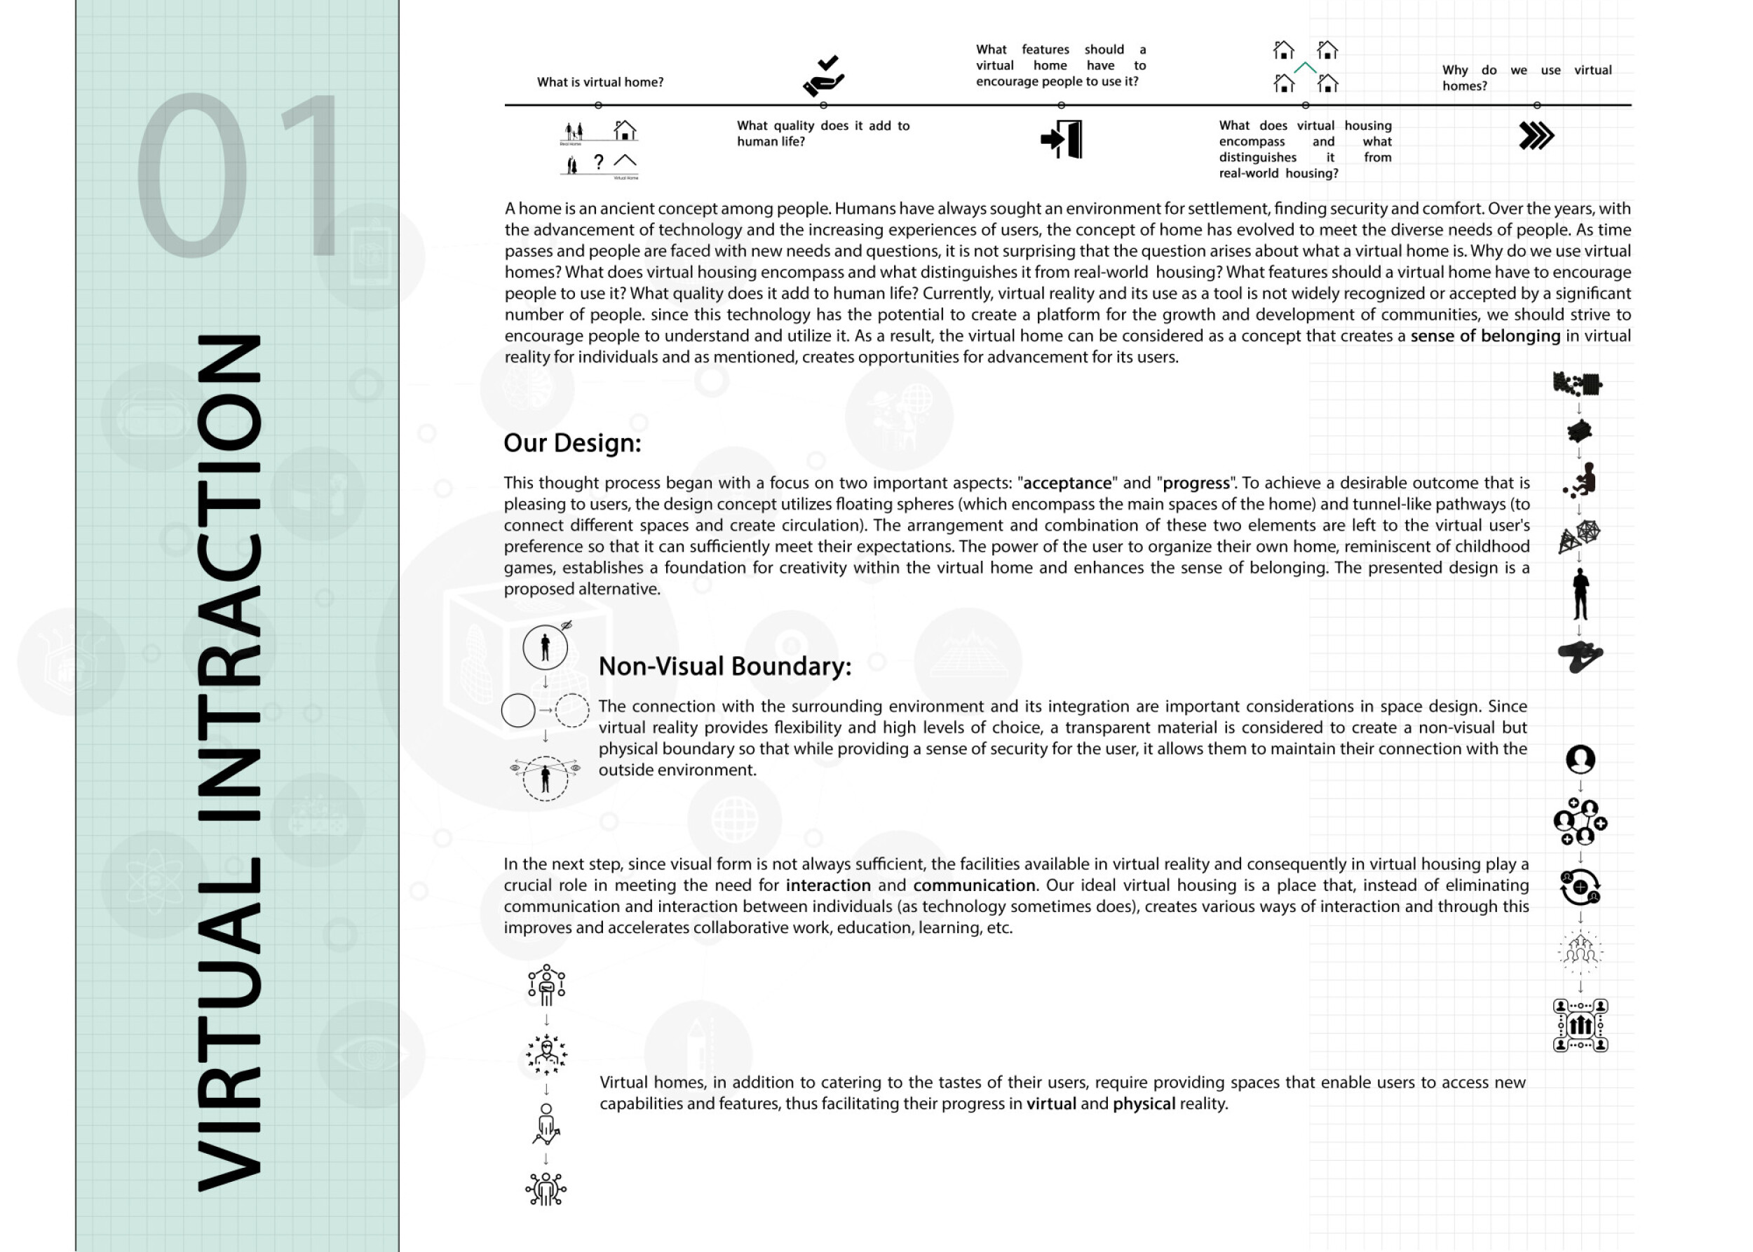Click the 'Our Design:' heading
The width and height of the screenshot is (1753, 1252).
click(x=571, y=443)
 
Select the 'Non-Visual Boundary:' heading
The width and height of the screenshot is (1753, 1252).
click(x=724, y=666)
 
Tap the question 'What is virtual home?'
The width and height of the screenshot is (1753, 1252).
click(x=600, y=83)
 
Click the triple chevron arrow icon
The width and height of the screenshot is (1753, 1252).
click(x=1536, y=137)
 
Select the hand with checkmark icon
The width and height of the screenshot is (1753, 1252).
click(x=824, y=76)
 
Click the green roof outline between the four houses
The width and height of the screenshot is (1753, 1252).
click(x=1305, y=68)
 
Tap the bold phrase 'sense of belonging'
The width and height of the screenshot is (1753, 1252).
click(x=1484, y=336)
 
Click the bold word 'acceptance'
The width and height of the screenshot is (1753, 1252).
click(x=1067, y=484)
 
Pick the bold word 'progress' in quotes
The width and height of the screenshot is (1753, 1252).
click(x=1196, y=484)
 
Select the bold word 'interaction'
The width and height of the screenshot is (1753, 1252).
click(x=827, y=886)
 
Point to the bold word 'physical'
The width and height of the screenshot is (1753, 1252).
click(x=1144, y=1104)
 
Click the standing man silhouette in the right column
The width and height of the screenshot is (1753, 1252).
click(x=1581, y=594)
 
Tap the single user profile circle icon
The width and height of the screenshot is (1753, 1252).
click(x=1581, y=759)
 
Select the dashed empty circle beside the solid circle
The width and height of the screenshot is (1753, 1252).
click(x=571, y=710)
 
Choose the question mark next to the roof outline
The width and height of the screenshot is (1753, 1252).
click(x=598, y=162)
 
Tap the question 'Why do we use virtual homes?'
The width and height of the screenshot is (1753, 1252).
click(x=1527, y=78)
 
